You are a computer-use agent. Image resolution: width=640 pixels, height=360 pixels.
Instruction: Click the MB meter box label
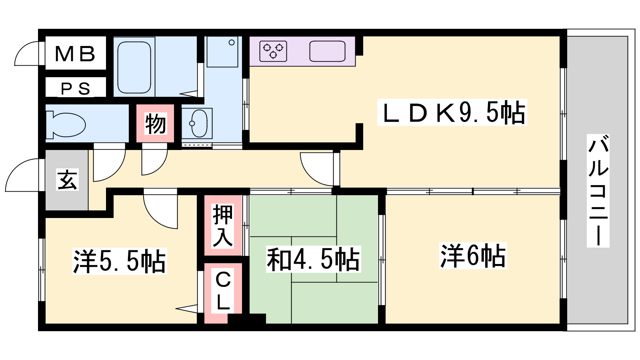point(75,54)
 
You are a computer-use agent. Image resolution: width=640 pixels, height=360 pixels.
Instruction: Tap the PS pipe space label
point(76,88)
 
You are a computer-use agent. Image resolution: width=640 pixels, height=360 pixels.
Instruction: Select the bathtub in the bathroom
point(134,68)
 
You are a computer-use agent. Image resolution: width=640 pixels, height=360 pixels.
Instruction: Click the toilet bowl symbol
point(66,125)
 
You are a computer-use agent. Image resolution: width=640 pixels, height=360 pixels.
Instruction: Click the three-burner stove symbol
point(273,51)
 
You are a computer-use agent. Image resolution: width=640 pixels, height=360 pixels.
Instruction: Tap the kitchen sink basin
point(327,51)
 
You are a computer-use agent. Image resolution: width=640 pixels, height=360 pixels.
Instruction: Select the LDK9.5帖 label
point(452,112)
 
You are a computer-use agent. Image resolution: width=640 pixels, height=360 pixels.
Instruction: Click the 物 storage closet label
point(155,124)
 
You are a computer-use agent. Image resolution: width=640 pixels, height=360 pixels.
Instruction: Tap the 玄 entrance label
point(67,180)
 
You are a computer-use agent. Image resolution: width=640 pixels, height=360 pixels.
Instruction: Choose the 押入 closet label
point(223,226)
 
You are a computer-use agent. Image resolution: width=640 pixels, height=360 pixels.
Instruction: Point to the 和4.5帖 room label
point(314,259)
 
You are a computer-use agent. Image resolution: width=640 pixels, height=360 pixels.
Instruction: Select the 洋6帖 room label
point(473,256)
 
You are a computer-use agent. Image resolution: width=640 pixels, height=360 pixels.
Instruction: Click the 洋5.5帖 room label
point(120,261)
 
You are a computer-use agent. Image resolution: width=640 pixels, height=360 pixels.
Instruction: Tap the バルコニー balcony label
point(598,190)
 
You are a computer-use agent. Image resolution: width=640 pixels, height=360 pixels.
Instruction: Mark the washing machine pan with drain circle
point(222,52)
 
